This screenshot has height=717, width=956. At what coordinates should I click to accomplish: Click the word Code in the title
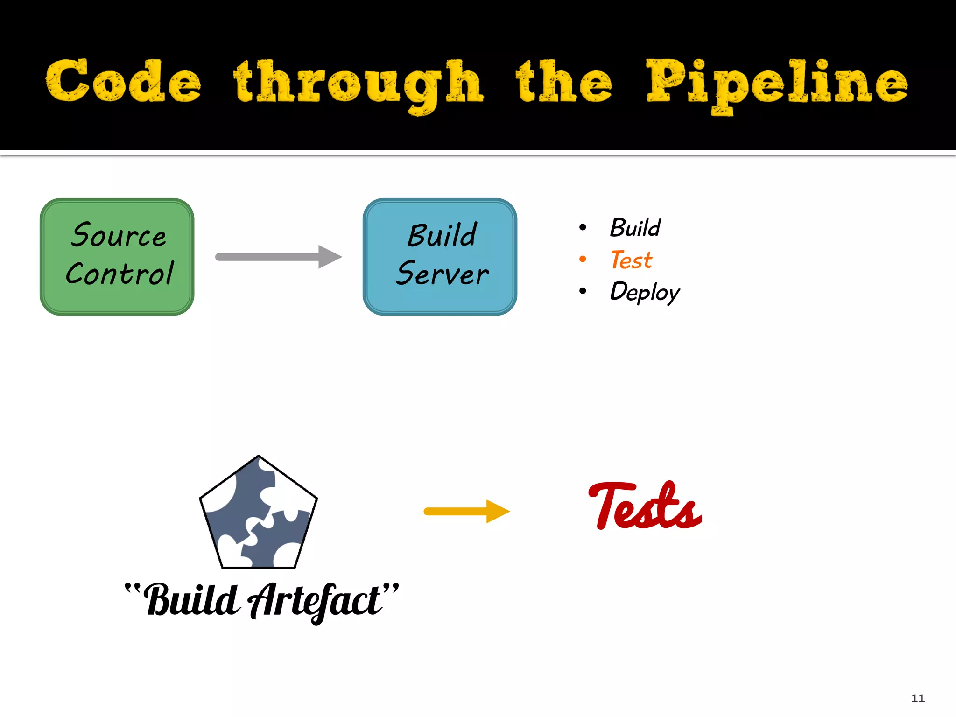click(x=124, y=82)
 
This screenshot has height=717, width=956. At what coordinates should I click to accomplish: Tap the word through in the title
click(x=358, y=84)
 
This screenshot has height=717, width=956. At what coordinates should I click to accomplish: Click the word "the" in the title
click(x=564, y=82)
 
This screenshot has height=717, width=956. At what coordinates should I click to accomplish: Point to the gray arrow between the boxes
click(x=278, y=257)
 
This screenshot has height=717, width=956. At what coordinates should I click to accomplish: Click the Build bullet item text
click(x=635, y=228)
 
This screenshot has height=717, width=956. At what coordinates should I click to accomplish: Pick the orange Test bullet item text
click(x=631, y=260)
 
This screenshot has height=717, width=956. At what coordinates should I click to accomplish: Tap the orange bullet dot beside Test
click(x=583, y=259)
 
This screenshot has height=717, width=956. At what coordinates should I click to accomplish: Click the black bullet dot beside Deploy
click(x=583, y=291)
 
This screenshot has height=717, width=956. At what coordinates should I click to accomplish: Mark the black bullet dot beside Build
click(x=583, y=227)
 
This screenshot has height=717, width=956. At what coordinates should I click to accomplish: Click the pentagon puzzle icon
click(x=258, y=513)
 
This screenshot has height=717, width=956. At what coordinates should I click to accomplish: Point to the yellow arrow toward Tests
click(x=466, y=512)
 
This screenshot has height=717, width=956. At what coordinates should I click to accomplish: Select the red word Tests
click(x=645, y=506)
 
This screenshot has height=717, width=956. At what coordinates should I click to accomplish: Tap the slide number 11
click(x=917, y=698)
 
